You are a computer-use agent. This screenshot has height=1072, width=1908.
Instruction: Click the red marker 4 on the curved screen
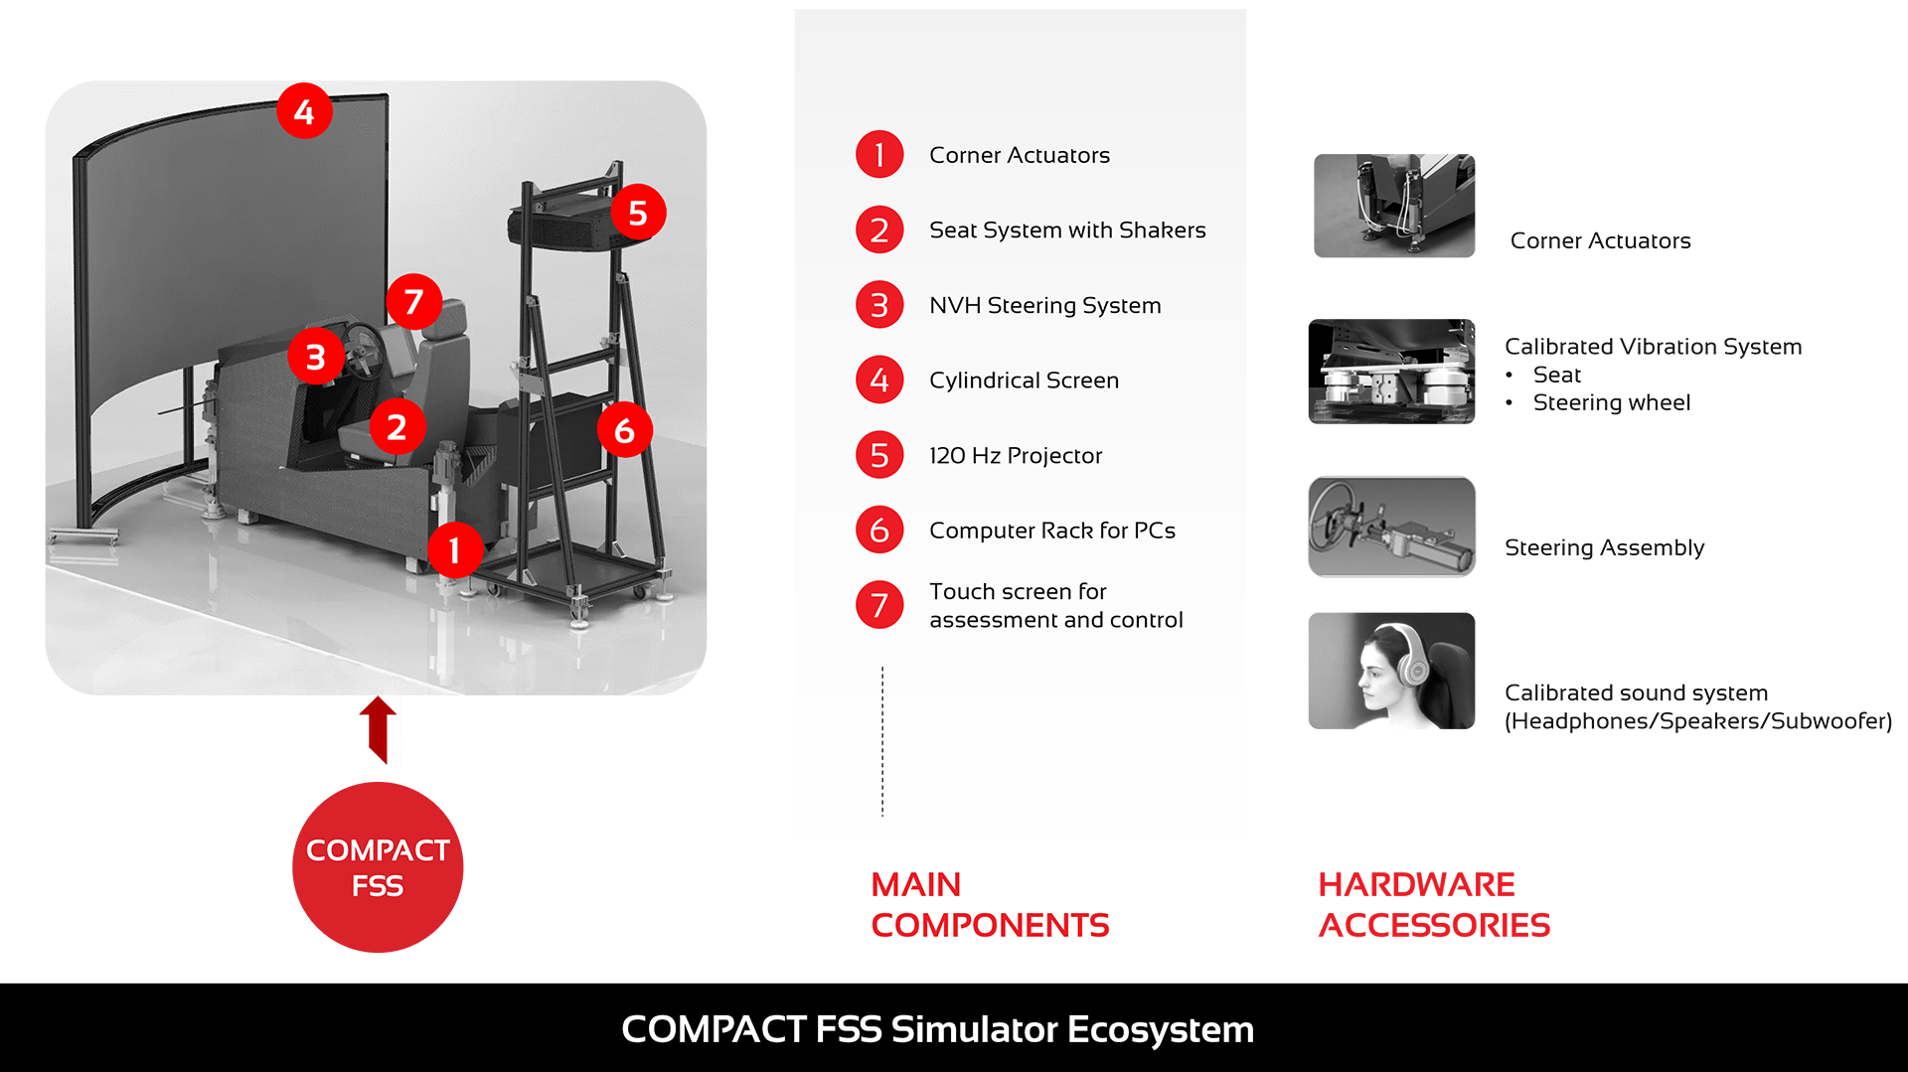tap(304, 111)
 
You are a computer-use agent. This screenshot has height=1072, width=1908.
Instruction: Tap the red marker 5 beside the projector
tap(638, 213)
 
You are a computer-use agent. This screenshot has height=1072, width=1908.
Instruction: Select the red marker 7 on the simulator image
tap(414, 302)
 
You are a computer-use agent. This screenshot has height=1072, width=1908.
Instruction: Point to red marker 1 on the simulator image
tap(455, 550)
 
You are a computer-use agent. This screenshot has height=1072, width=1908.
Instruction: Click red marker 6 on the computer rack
tap(624, 430)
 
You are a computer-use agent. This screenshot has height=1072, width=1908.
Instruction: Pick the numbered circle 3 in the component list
tap(879, 305)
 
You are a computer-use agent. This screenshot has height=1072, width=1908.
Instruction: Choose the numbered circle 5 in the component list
tap(879, 455)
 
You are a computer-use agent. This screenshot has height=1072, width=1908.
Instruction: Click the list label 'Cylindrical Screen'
tap(1024, 381)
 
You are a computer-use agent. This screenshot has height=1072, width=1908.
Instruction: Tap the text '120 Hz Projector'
tap(1016, 455)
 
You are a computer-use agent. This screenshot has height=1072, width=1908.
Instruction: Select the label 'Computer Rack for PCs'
tap(1052, 531)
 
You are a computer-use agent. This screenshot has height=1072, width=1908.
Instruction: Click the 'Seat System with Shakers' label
tap(1067, 230)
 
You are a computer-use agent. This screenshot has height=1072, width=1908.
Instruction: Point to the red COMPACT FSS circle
tap(378, 867)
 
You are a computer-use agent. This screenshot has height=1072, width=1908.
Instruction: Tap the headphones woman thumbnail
tap(1391, 671)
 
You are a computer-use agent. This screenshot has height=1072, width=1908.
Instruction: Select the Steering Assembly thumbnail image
tap(1391, 527)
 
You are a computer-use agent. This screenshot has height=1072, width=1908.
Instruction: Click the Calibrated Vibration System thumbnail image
tap(1391, 372)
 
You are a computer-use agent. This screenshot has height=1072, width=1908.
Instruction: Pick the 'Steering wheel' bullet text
tap(1611, 402)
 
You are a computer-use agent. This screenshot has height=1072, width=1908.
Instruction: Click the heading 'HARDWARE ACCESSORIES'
tap(1434, 905)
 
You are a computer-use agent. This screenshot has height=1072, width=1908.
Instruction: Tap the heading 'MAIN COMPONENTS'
tap(990, 905)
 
